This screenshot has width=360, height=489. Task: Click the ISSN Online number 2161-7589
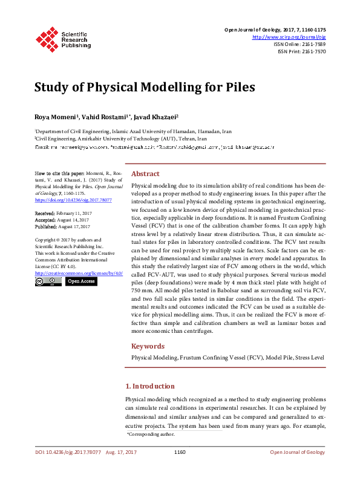pyautogui.click(x=312, y=44)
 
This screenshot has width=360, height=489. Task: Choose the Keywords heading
pyautogui.click(x=148, y=346)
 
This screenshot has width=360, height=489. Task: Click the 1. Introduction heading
pyautogui.click(x=149, y=386)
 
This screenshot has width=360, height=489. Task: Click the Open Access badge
pyautogui.click(x=80, y=281)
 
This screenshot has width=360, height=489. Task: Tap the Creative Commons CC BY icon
pyautogui.click(x=47, y=281)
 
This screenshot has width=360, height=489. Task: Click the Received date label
pyautogui.click(x=45, y=214)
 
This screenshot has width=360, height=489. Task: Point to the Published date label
pyautogui.click(x=46, y=226)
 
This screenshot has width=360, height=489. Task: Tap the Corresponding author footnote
pyautogui.click(x=151, y=435)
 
